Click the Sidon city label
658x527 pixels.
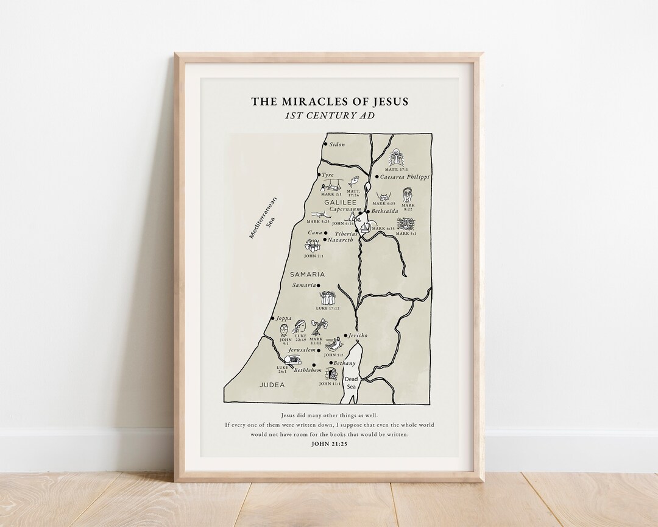click(x=337, y=145)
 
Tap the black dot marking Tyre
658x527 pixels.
click(x=319, y=175)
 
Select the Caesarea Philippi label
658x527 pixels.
click(x=405, y=177)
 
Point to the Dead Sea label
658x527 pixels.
click(x=351, y=382)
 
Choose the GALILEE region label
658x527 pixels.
click(x=340, y=202)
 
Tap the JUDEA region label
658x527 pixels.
click(x=272, y=385)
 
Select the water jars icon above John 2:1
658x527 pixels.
click(x=313, y=245)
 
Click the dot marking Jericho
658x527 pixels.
click(x=345, y=335)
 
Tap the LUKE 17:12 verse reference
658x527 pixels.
click(x=328, y=309)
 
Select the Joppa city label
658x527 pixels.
click(x=284, y=318)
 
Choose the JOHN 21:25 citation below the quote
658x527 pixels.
click(x=329, y=444)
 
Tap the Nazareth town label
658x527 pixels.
click(x=341, y=240)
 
